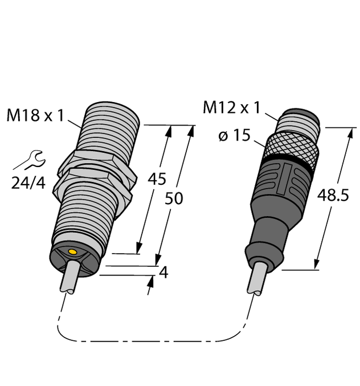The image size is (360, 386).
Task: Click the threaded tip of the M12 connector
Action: click(x=301, y=121)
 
